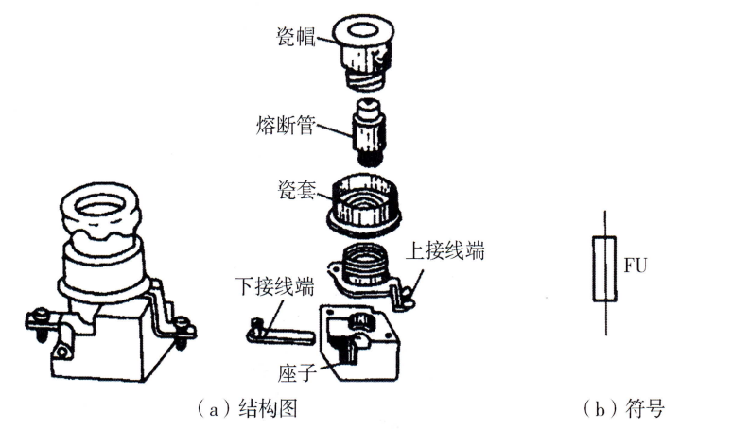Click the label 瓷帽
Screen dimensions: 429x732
pos(294,35)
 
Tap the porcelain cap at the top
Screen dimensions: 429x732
pos(365,42)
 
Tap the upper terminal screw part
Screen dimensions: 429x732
pos(405,296)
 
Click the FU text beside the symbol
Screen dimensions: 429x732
pos(634,266)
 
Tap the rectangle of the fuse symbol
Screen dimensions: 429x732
pos(602,270)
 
